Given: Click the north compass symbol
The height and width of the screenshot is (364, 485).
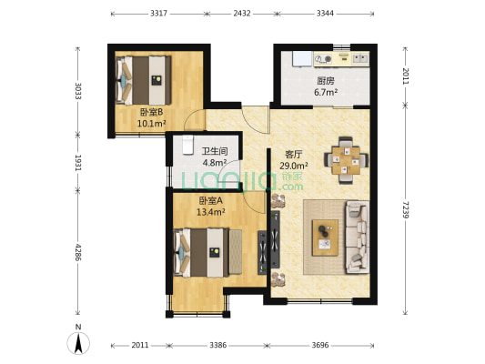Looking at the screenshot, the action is pyautogui.click(x=78, y=342).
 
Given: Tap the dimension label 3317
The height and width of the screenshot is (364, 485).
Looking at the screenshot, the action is pyautogui.click(x=158, y=14).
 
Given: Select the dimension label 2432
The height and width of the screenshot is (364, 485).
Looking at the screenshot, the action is pyautogui.click(x=242, y=14).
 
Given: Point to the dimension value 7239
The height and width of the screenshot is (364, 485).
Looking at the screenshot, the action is pyautogui.click(x=405, y=209).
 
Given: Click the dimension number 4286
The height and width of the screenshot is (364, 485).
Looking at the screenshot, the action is pyautogui.click(x=77, y=252).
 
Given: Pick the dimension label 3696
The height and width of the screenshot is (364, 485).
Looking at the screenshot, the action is pyautogui.click(x=320, y=345).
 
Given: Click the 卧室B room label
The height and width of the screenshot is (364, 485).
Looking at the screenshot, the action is pyautogui.click(x=151, y=112).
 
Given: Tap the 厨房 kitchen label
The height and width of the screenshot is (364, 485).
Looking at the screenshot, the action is pyautogui.click(x=326, y=81).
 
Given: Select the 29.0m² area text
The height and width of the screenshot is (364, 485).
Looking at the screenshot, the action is pyautogui.click(x=294, y=166).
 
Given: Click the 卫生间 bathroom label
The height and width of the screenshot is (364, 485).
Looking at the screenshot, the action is pyautogui.click(x=215, y=151).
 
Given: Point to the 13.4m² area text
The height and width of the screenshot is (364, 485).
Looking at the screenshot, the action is pyautogui.click(x=210, y=212).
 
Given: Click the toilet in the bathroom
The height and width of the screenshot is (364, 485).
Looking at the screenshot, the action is pyautogui.click(x=187, y=145).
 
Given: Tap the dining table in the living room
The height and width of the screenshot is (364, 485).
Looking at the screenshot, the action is pyautogui.click(x=346, y=160).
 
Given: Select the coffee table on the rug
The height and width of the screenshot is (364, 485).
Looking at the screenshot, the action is pyautogui.click(x=325, y=238).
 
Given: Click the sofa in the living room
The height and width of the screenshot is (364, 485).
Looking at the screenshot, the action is pyautogui.click(x=358, y=237).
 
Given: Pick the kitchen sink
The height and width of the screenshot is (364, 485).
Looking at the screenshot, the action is pyautogui.click(x=360, y=58).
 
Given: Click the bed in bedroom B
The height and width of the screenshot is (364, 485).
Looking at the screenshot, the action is pyautogui.click(x=144, y=80).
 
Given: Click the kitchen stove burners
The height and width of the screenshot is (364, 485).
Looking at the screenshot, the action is pyautogui.click(x=323, y=59).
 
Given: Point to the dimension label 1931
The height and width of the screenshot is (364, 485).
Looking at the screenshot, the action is pyautogui.click(x=77, y=163).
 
